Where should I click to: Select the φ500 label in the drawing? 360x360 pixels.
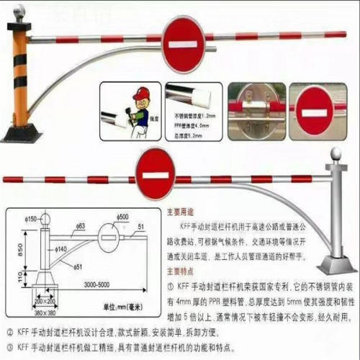tap(124, 217)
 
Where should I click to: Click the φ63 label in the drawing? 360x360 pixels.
tap(80, 225)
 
